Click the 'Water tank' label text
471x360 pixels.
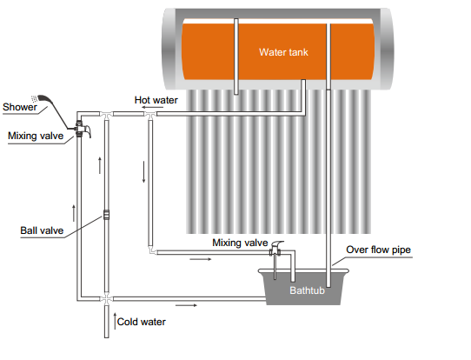(283, 51)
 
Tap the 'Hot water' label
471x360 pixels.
(156, 100)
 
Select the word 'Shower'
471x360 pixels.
(19, 108)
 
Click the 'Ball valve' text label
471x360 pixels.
(41, 231)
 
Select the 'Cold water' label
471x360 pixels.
(142, 322)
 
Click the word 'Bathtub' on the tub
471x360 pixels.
(307, 290)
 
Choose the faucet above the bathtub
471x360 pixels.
(277, 250)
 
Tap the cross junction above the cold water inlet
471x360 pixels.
(105, 298)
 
